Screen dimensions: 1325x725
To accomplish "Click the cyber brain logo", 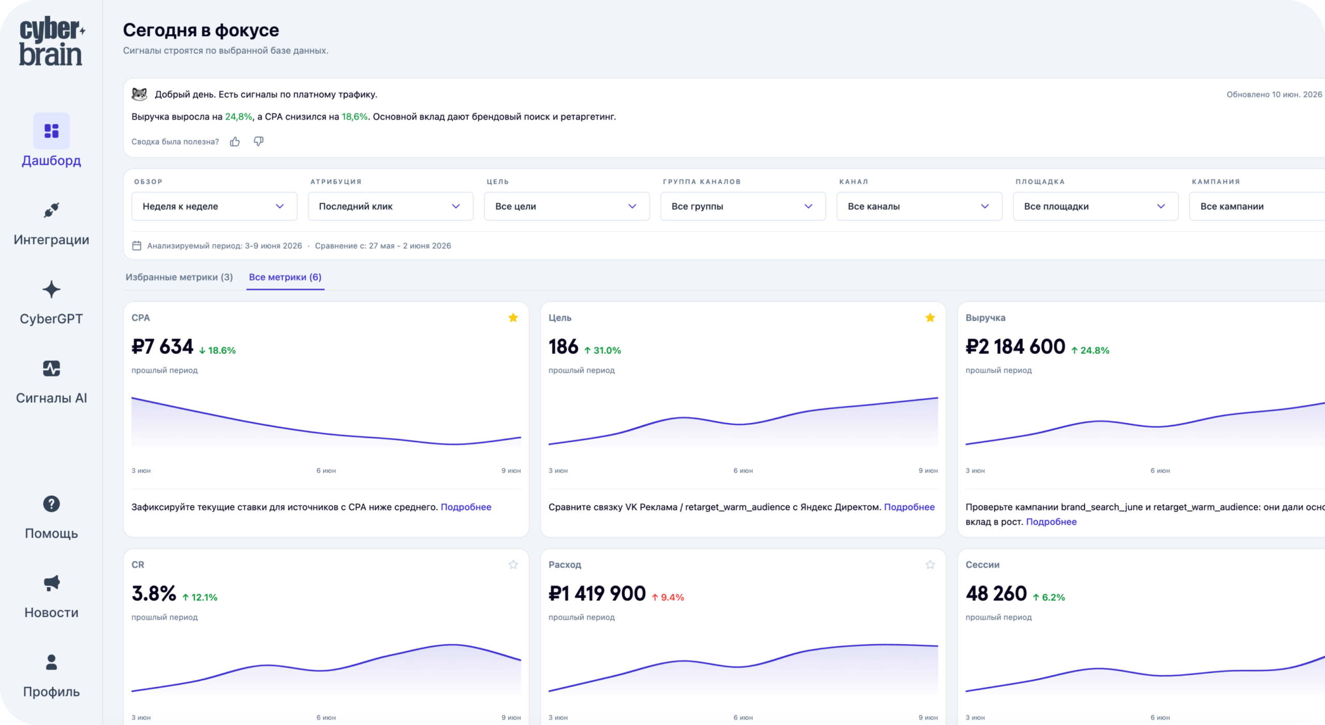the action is pyautogui.click(x=52, y=41).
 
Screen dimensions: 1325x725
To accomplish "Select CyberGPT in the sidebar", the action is pyautogui.click(x=51, y=303).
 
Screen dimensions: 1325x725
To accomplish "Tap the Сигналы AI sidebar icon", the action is pyautogui.click(x=51, y=369).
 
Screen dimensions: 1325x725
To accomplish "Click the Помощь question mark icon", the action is pyautogui.click(x=51, y=504).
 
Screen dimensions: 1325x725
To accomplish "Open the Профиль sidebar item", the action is pyautogui.click(x=51, y=676).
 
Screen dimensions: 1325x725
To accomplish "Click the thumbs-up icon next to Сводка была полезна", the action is pyautogui.click(x=235, y=141).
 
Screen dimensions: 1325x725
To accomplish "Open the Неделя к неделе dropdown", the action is pyautogui.click(x=214, y=206).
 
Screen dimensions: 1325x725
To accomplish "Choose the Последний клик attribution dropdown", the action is pyautogui.click(x=390, y=206).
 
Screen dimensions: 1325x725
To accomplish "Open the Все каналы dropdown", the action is pyautogui.click(x=919, y=206).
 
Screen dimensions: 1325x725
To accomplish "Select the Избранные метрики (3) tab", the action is pyautogui.click(x=179, y=277).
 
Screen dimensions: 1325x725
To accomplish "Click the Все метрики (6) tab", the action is pyautogui.click(x=285, y=277).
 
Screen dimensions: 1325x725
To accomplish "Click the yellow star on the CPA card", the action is pyautogui.click(x=513, y=317).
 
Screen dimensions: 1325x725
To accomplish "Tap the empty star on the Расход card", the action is pyautogui.click(x=930, y=564).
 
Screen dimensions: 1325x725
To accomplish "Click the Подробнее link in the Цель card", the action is pyautogui.click(x=909, y=507).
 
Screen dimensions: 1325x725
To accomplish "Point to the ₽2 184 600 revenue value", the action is pyautogui.click(x=1015, y=346).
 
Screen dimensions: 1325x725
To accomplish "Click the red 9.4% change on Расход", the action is pyautogui.click(x=668, y=598).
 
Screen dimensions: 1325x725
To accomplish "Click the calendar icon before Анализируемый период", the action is pyautogui.click(x=137, y=245).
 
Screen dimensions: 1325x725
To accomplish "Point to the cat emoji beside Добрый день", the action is pyautogui.click(x=140, y=94).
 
